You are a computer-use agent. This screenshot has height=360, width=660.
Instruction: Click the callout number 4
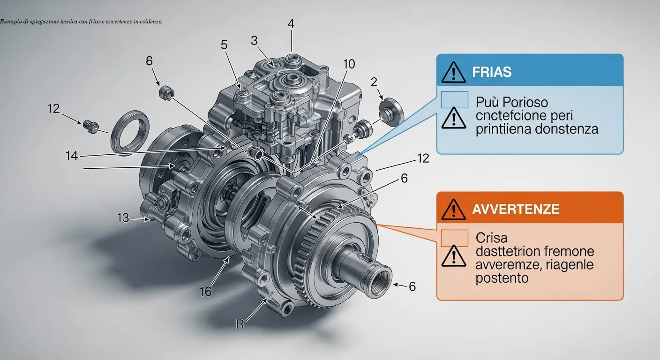point(291,23)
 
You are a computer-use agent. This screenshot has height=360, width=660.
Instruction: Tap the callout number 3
point(254,41)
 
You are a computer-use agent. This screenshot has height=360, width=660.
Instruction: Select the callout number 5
point(224,45)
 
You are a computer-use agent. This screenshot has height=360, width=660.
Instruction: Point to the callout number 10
point(349,64)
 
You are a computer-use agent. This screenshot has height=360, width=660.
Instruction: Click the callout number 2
point(374,82)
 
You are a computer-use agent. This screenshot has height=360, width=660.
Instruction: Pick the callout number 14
point(72,156)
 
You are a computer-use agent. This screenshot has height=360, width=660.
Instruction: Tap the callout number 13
point(123,218)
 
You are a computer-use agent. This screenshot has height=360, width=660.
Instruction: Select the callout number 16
point(206,292)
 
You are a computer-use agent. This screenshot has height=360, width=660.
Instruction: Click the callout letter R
point(240,324)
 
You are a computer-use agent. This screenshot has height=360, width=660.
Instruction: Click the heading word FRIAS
point(492,72)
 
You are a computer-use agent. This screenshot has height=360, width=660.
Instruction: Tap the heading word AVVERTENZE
point(516,209)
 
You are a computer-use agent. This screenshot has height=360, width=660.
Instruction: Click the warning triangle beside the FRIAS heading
point(453,73)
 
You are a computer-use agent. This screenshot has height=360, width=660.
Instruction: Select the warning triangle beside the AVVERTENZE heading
point(453,210)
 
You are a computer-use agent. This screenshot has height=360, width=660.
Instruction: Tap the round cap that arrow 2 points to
point(391,112)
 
